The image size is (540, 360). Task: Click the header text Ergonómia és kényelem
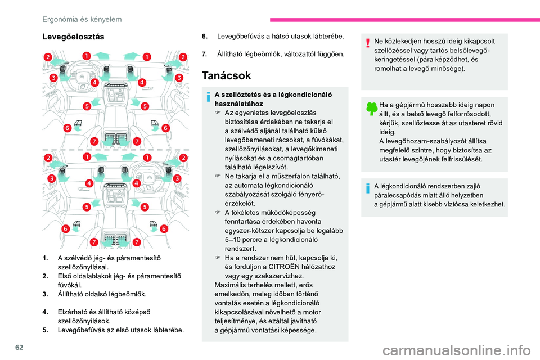click(x=83, y=20)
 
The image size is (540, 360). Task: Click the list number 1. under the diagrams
click(x=44, y=258)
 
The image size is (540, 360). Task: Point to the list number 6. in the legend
click(x=204, y=36)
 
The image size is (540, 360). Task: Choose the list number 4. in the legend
click(x=44, y=311)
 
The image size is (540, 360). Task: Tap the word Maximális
click(x=224, y=285)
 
